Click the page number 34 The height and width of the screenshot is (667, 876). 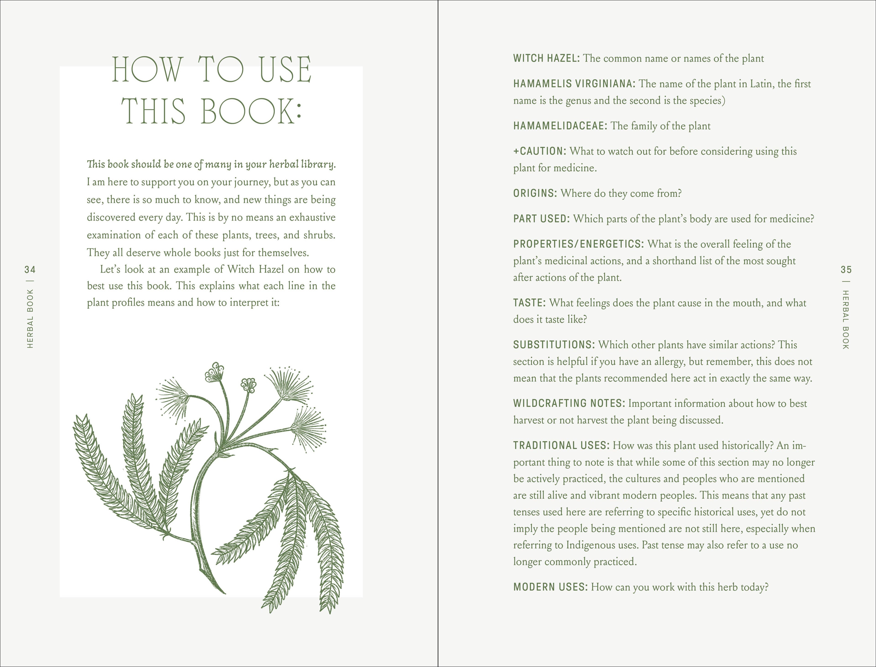click(x=30, y=270)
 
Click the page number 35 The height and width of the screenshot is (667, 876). click(x=846, y=270)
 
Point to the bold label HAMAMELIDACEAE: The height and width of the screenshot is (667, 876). click(x=560, y=126)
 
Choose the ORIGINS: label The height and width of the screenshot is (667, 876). click(x=535, y=193)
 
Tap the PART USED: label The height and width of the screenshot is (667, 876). click(x=541, y=219)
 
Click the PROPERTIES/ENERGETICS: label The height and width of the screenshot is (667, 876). click(x=578, y=244)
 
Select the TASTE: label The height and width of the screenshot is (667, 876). click(x=529, y=303)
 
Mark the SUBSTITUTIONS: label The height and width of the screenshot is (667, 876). click(x=554, y=345)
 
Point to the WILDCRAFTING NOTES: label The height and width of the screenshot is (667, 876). click(x=569, y=403)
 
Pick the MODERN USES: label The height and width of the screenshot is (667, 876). click(x=550, y=587)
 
